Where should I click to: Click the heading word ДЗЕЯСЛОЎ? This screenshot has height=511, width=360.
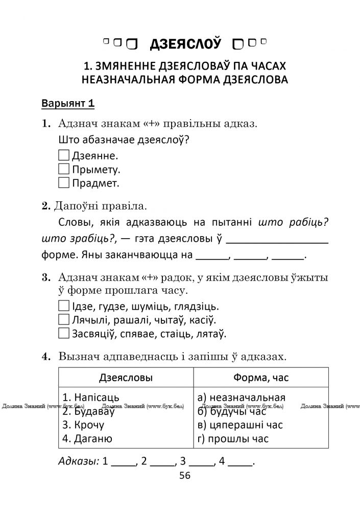tap(185, 44)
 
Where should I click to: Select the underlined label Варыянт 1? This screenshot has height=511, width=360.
tap(68, 104)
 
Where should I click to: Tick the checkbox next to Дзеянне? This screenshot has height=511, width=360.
tap(64, 155)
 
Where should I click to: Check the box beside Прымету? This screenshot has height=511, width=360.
tap(64, 169)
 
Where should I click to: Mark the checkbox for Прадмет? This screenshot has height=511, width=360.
tap(64, 182)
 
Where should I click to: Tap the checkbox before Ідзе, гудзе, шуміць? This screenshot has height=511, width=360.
tap(64, 307)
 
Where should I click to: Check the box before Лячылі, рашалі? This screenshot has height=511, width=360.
tap(64, 320)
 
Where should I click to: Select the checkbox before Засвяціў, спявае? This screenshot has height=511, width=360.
tap(64, 333)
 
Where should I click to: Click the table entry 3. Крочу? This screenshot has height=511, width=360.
tap(83, 425)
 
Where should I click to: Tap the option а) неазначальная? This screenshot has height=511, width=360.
tap(241, 397)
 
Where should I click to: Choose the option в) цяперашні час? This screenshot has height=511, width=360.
tap(239, 425)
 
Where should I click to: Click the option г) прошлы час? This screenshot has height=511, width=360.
tap(232, 438)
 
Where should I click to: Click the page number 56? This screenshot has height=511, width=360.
tap(185, 476)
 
